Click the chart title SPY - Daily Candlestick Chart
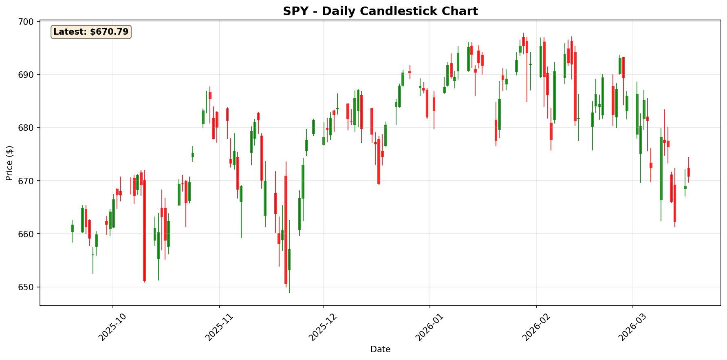click(x=380, y=11)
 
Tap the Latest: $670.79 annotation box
click(x=91, y=32)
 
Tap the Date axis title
click(x=380, y=349)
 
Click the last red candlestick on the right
click(x=689, y=172)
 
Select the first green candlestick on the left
click(x=72, y=228)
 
